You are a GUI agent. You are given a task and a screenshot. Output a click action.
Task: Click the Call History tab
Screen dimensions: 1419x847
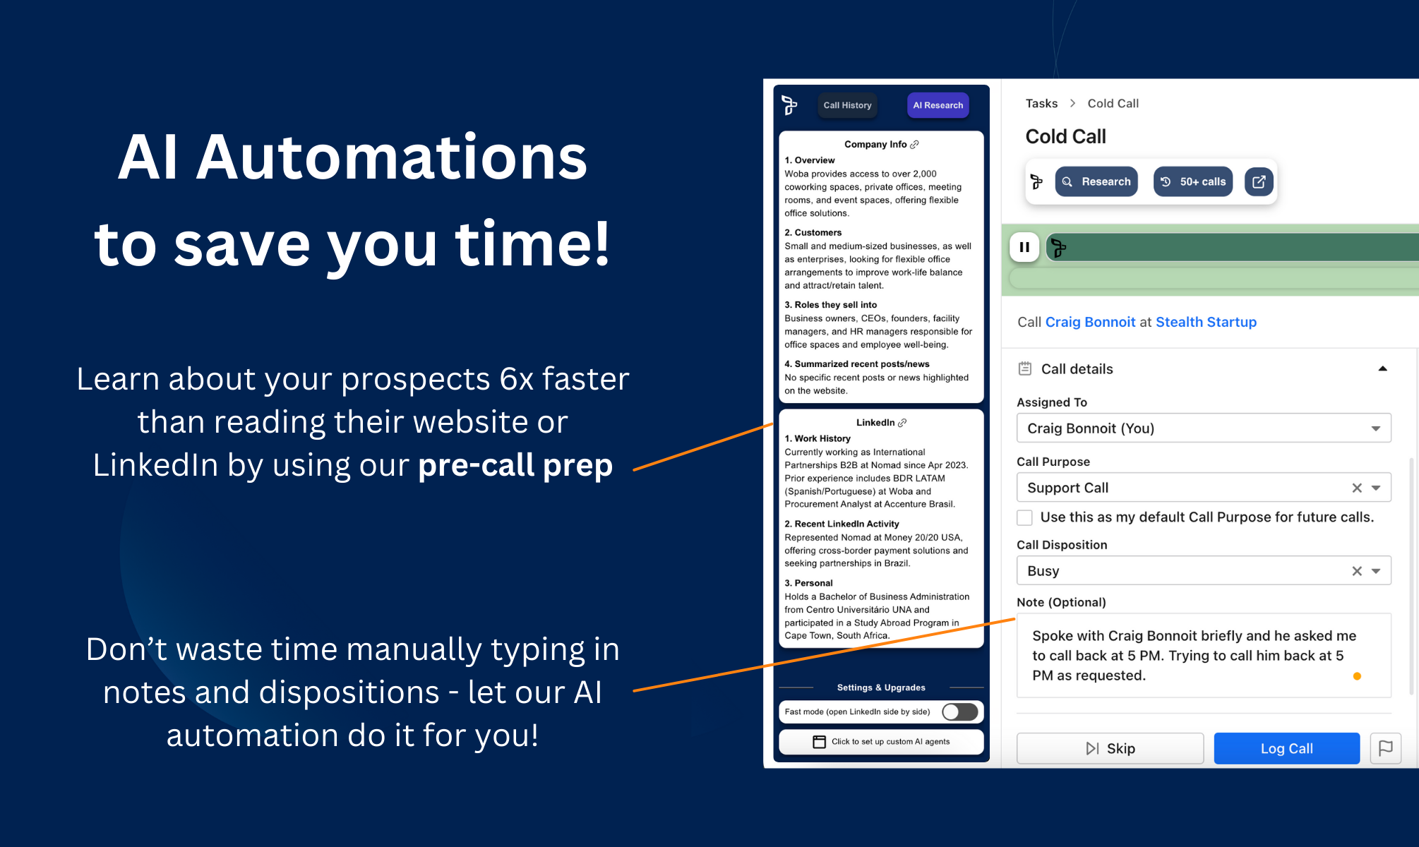tap(847, 105)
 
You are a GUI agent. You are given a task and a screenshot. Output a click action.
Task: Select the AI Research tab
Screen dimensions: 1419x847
tap(938, 105)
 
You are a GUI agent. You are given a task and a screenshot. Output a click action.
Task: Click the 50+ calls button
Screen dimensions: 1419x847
tap(1193, 181)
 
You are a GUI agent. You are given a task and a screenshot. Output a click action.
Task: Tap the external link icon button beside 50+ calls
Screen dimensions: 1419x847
tap(1259, 181)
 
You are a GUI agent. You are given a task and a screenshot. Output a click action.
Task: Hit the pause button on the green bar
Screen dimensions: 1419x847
tap(1024, 247)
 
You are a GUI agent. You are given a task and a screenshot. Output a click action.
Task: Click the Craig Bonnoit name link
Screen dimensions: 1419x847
tap(1090, 322)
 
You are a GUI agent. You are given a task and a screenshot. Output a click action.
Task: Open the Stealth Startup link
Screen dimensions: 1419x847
tap(1206, 322)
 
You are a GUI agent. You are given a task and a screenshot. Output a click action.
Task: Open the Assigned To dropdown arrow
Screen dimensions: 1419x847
tap(1375, 428)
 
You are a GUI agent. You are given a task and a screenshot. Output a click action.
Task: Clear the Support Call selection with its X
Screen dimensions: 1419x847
tap(1356, 488)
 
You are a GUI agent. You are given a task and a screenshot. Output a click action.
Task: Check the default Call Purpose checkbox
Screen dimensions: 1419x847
tap(1024, 517)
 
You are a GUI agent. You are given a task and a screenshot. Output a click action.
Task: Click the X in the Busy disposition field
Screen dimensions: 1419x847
tap(1356, 571)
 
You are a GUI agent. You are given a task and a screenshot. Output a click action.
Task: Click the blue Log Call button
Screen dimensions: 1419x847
tap(1286, 748)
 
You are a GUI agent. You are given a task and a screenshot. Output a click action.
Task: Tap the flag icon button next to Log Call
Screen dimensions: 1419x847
tap(1385, 748)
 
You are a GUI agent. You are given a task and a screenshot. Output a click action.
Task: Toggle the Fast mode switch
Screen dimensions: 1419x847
tap(960, 711)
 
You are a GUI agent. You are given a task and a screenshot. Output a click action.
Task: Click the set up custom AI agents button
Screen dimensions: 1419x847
tap(881, 742)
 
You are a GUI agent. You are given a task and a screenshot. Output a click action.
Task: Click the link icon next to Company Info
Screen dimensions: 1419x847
tap(914, 145)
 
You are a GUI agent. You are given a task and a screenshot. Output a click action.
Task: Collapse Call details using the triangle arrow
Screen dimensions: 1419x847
tap(1382, 368)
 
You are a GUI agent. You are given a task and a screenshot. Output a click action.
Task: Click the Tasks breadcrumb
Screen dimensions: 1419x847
tap(1041, 103)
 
